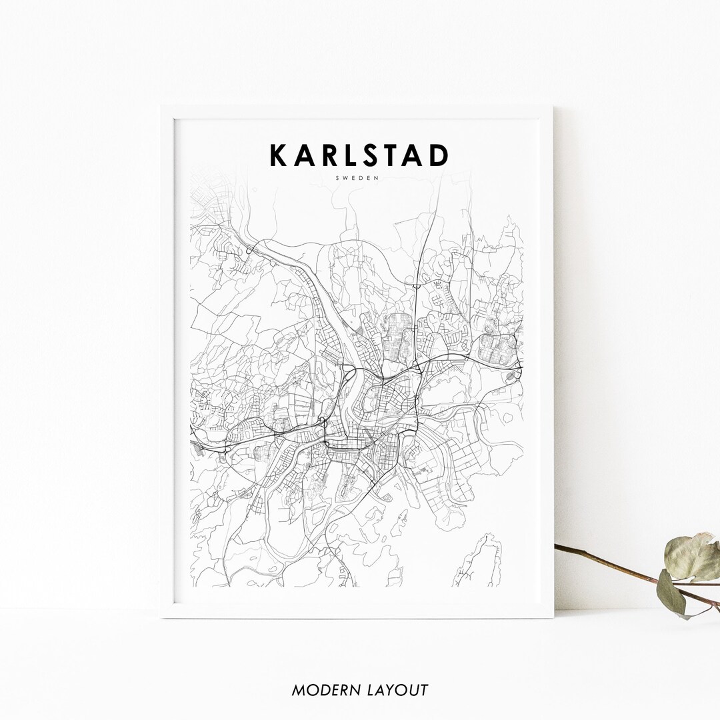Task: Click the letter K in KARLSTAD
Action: pos(277,155)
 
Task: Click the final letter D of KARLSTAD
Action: pos(439,155)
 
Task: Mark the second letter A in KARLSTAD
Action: pos(419,155)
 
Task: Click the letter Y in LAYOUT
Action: pos(391,690)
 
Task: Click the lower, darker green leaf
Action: pos(671,592)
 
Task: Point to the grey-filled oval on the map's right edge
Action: pos(511,377)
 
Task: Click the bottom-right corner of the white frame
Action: pos(552,617)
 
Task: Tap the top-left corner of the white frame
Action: pos(162,107)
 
